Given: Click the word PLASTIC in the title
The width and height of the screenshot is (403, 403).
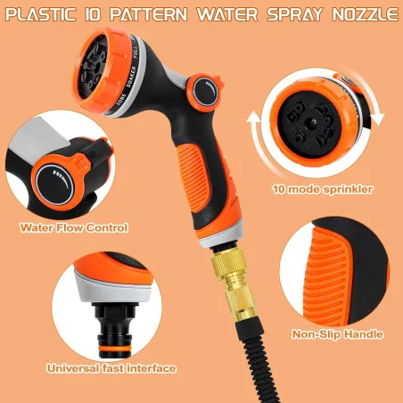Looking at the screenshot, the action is pyautogui.click(x=41, y=14).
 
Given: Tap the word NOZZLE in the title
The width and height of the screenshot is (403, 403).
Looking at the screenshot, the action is pyautogui.click(x=366, y=14).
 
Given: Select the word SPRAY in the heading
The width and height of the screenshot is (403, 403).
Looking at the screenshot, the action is pyautogui.click(x=294, y=14).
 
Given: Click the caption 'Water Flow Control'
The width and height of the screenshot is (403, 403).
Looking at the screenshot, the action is pyautogui.click(x=74, y=227).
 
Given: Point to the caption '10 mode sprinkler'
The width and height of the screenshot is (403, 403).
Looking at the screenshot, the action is pyautogui.click(x=323, y=189).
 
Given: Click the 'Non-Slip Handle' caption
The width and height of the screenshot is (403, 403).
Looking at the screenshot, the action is pyautogui.click(x=337, y=334).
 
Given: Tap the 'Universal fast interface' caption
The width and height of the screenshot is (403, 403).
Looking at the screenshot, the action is pyautogui.click(x=111, y=368).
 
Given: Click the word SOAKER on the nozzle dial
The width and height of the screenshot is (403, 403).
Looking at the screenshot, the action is pyautogui.click(x=131, y=77).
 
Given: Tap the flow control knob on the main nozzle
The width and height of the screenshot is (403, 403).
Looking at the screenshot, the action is pyautogui.click(x=205, y=92).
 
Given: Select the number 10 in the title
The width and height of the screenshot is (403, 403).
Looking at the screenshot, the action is pyautogui.click(x=93, y=14).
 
